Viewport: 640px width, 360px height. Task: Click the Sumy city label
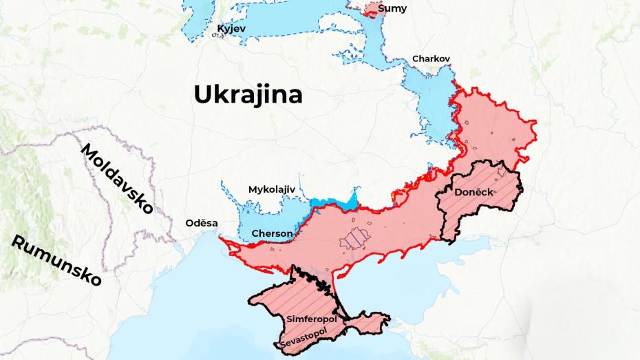[392, 9]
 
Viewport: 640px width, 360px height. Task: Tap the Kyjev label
[231, 28]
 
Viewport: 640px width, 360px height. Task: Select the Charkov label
[431, 59]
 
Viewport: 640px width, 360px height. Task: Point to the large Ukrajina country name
[248, 94]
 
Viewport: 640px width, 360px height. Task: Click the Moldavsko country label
[117, 179]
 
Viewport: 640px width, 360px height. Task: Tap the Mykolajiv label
[271, 189]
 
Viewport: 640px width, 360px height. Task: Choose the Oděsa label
[202, 223]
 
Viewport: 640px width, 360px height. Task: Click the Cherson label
[272, 233]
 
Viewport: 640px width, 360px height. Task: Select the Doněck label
[474, 192]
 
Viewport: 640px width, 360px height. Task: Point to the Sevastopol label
[303, 338]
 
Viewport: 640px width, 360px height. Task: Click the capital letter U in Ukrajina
[202, 94]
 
